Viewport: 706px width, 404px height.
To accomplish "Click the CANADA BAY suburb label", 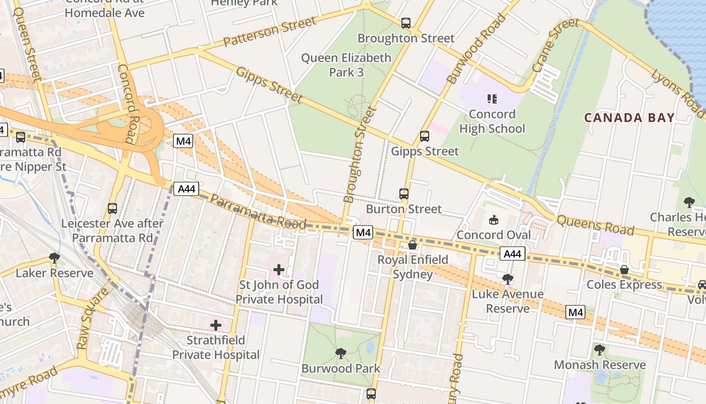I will coord(629,118).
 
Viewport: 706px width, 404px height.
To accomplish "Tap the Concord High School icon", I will coord(492,99).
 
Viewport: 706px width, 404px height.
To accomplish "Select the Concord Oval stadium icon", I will coord(493,220).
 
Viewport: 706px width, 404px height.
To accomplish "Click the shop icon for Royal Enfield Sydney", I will coord(413,245).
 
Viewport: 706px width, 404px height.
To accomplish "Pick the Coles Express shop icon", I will coord(624,270).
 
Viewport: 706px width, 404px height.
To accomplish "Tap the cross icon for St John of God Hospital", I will coord(279,270).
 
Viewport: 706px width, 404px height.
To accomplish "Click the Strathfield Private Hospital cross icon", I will coord(216,325).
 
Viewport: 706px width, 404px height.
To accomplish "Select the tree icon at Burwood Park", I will coord(341,353).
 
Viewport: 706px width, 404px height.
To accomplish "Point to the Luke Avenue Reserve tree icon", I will coord(508,279).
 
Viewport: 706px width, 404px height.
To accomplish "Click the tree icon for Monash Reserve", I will coord(599,349).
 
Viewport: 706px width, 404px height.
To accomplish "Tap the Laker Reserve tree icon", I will coord(54,258).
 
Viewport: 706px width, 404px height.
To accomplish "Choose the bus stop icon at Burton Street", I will coord(403,193).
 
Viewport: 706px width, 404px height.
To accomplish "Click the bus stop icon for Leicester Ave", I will coord(112,208).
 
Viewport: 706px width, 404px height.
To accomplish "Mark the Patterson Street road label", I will coord(270,31).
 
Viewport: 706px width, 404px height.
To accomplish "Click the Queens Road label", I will coord(595,225).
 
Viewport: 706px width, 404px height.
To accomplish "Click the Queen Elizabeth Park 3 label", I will coord(346,65).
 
